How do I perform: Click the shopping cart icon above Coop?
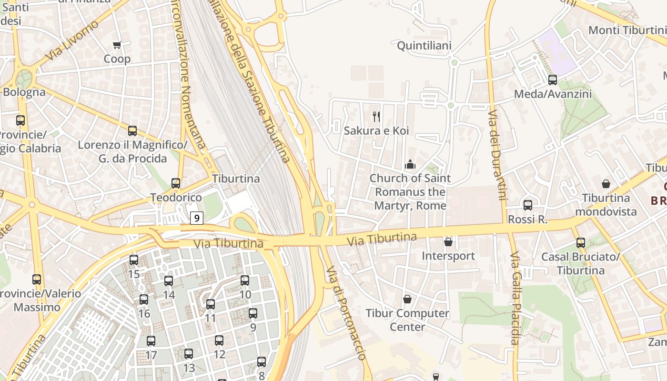click(x=117, y=45)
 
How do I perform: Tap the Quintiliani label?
click(x=424, y=46)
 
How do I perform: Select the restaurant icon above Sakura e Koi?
click(x=376, y=116)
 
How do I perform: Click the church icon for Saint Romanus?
click(x=410, y=165)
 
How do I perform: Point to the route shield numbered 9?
click(x=197, y=218)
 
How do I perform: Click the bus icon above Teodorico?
click(x=176, y=183)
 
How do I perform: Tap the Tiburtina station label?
click(x=236, y=179)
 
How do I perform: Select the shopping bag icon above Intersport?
click(x=448, y=242)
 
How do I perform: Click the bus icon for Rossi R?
click(x=528, y=205)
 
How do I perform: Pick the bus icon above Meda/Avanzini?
click(x=553, y=80)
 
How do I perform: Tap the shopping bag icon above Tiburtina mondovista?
click(x=606, y=184)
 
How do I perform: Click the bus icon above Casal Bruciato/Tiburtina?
click(x=580, y=242)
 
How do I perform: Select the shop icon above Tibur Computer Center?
click(x=407, y=299)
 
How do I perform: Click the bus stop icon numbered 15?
click(x=134, y=260)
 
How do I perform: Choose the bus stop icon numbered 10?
click(x=245, y=281)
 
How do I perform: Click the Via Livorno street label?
click(x=72, y=40)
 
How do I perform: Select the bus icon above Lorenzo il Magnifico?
click(x=132, y=130)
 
